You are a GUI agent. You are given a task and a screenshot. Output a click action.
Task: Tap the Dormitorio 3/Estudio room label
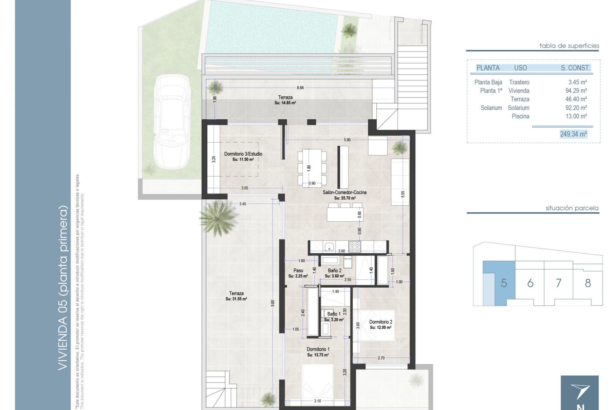point(243,154)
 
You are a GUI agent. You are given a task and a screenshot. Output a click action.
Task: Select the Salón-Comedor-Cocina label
point(344,193)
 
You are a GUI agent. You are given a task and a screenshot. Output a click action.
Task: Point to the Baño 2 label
point(335,271)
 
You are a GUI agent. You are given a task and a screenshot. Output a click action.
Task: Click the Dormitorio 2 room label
point(381,322)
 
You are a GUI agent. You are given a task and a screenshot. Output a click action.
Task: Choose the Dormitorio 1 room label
point(318,349)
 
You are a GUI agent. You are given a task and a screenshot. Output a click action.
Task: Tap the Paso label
point(298,271)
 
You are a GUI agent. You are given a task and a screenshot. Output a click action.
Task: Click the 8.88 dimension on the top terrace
point(300,88)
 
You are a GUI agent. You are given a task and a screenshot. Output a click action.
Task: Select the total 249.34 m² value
point(573,134)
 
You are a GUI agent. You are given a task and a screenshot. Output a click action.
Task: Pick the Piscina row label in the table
point(520,116)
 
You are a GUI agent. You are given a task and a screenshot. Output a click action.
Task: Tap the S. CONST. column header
point(575,68)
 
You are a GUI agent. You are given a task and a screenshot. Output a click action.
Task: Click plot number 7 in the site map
point(558,283)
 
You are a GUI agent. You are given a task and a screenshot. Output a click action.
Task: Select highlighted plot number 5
point(504,283)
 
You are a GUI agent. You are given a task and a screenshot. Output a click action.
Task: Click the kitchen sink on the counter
point(329,247)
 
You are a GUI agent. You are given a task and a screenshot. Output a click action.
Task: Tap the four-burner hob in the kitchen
point(354,246)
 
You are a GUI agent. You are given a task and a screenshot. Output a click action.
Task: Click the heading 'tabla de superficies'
point(569,46)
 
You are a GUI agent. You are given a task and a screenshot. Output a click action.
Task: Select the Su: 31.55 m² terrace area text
point(236,299)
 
